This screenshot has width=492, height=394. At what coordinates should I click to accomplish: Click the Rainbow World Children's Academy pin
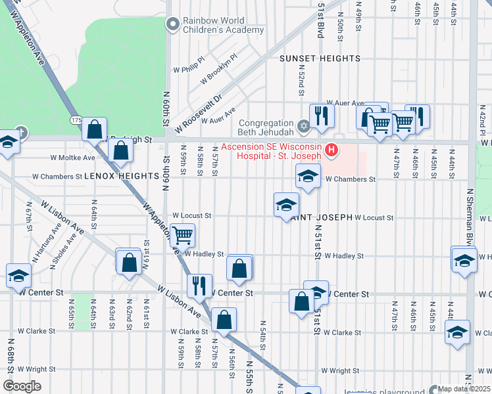click(x=173, y=25)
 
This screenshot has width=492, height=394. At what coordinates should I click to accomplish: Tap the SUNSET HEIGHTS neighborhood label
click(x=320, y=58)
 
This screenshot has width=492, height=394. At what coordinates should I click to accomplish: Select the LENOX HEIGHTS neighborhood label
click(x=109, y=177)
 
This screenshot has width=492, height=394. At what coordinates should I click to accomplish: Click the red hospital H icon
click(x=332, y=151)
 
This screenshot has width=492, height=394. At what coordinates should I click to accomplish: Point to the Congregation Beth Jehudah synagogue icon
click(x=303, y=125)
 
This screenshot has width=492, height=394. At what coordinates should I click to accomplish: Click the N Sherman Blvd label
click(x=470, y=217)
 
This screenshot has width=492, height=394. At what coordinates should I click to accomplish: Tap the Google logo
click(x=22, y=385)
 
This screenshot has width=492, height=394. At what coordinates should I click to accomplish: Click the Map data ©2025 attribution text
click(x=464, y=389)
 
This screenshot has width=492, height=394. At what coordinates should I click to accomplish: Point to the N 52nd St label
click(x=300, y=82)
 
